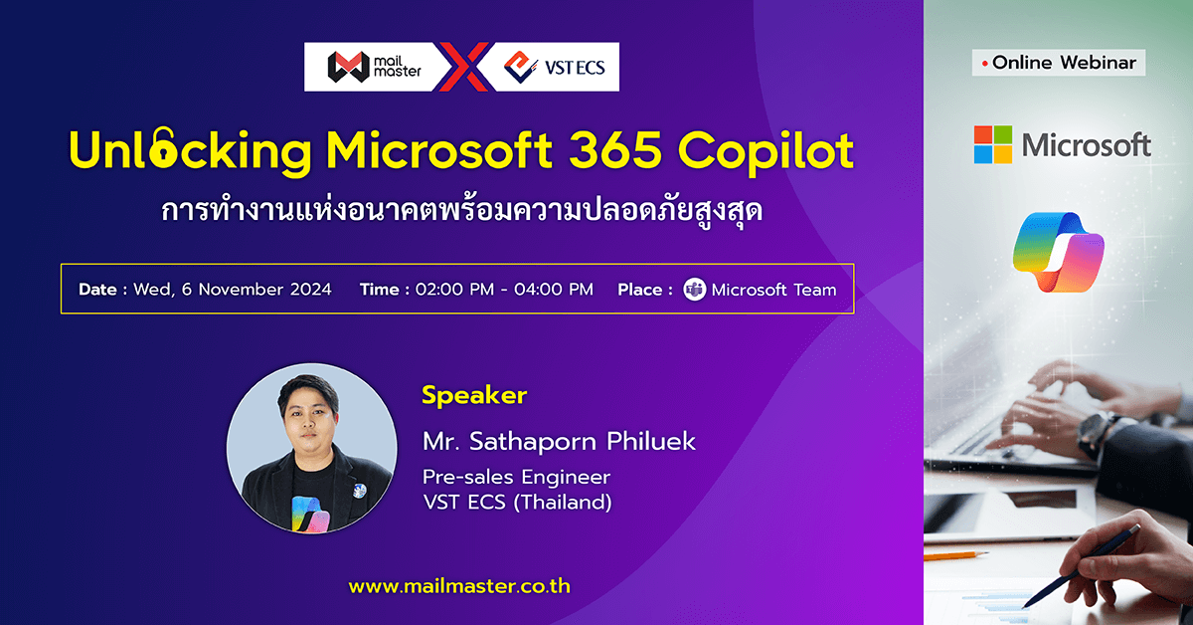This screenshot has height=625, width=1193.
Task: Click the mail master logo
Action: tap(373, 67)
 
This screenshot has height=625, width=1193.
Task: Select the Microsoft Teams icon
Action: tap(695, 291)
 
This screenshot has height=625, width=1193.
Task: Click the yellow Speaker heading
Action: tap(474, 395)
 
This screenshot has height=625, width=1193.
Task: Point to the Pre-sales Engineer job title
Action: tap(516, 477)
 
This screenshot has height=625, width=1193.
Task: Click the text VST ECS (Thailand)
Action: tap(517, 503)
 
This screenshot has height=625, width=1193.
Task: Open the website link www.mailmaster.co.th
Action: tap(459, 586)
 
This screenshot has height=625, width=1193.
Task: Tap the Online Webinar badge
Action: tap(1058, 63)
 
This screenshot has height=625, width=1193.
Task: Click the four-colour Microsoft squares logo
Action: tap(992, 144)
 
